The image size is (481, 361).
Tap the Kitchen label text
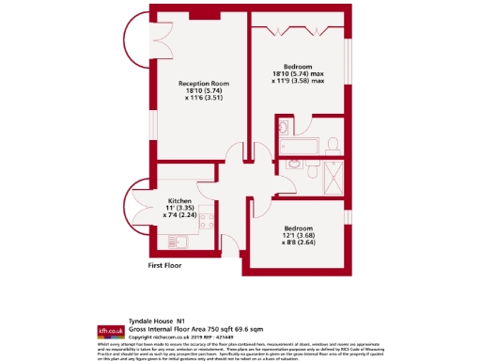[180, 200]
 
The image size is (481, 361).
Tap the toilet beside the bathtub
[333, 145]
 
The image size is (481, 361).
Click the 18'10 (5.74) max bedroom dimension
[297, 73]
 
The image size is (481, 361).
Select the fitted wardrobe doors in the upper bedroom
[296, 29]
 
